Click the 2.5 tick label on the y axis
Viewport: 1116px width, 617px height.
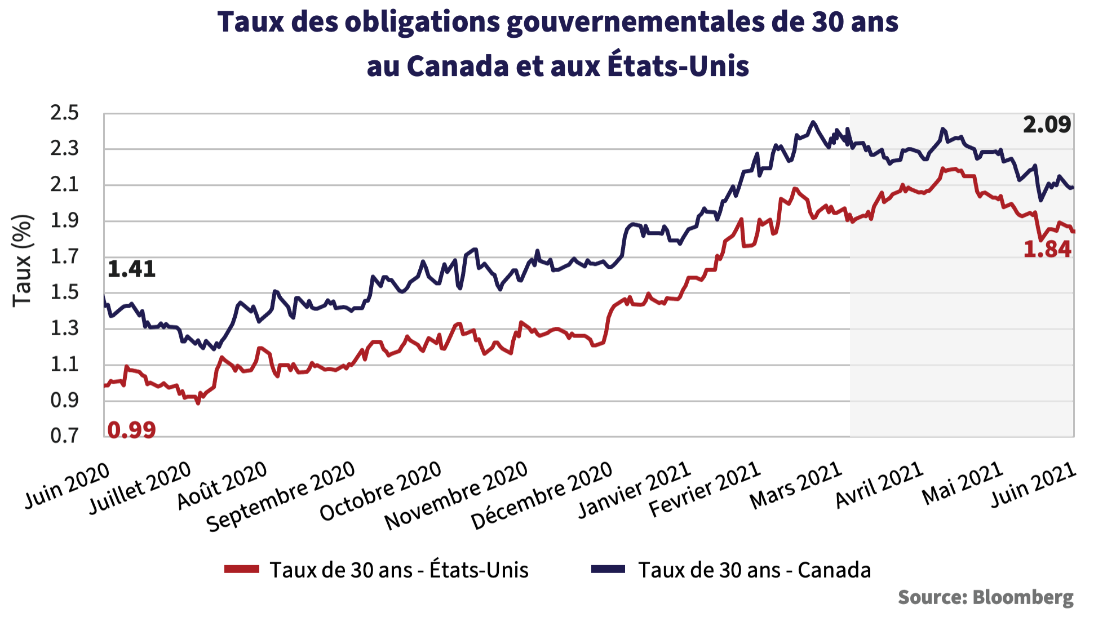pos(65,113)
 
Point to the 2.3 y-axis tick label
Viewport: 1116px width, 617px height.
pos(65,149)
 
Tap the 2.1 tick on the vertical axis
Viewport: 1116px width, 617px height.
pos(65,185)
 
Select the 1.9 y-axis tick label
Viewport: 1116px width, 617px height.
pos(65,221)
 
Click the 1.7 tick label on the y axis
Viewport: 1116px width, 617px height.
pos(65,257)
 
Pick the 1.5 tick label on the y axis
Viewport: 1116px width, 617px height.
pos(65,292)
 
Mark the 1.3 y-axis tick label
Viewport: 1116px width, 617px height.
pos(65,329)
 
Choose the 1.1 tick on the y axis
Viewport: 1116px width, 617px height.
pos(65,365)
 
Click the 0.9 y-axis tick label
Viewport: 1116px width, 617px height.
pos(65,401)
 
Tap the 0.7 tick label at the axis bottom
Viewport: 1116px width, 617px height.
pos(65,436)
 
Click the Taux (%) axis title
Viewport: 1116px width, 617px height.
pos(23,260)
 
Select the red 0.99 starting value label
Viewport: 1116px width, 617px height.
pos(131,430)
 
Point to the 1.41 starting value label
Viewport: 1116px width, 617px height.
pos(131,269)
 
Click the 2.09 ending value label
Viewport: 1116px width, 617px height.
pos(1047,125)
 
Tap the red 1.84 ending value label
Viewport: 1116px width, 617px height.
pos(1047,249)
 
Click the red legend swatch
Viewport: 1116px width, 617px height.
pos(242,569)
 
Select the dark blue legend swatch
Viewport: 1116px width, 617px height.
pos(608,569)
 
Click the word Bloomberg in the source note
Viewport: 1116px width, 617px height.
pos(1023,597)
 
